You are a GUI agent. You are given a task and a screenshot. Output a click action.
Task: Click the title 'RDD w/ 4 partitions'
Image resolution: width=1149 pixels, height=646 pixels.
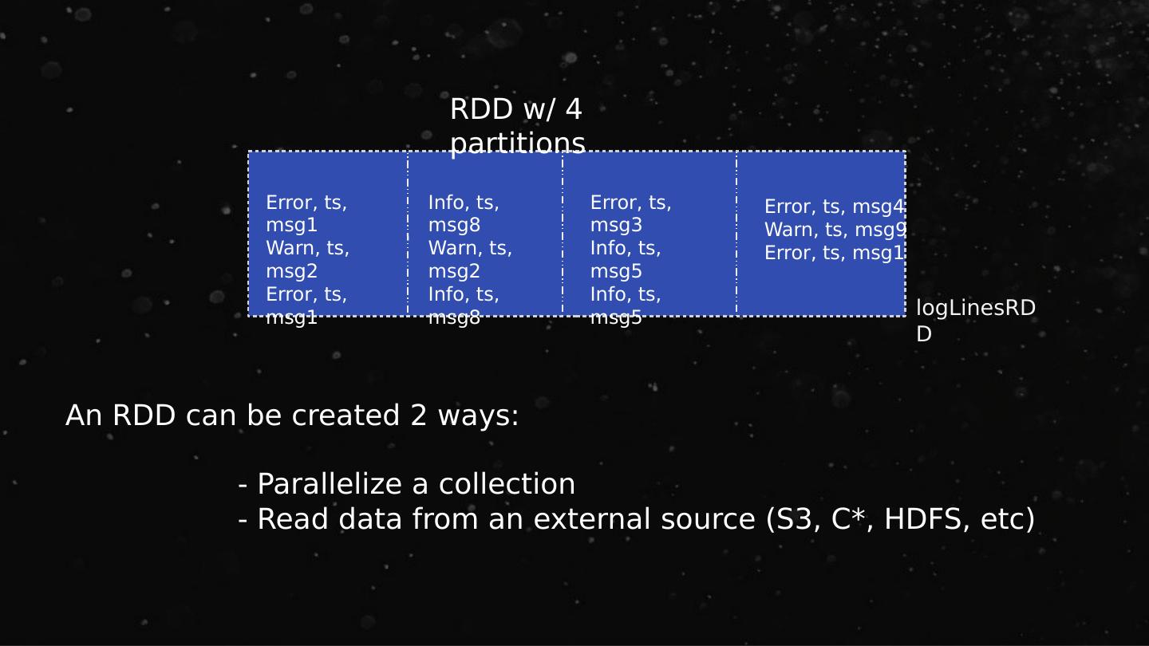click(517, 126)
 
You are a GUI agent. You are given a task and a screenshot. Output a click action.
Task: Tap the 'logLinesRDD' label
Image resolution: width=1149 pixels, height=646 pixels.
click(975, 321)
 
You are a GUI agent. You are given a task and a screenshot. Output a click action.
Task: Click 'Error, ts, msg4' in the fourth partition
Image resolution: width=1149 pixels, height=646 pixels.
click(834, 207)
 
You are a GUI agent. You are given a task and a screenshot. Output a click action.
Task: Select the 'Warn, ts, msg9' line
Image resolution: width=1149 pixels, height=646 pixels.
click(835, 230)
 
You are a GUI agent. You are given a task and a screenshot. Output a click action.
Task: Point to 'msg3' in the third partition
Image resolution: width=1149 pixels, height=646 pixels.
click(616, 226)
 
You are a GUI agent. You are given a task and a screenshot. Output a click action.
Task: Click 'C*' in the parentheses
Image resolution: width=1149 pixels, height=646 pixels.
click(845, 519)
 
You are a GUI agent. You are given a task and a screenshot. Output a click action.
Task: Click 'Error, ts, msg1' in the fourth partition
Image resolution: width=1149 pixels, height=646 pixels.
click(834, 254)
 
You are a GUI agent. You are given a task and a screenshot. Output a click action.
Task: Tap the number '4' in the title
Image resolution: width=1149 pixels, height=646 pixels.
click(573, 109)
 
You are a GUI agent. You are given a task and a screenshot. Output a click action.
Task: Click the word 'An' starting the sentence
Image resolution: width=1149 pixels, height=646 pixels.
click(84, 416)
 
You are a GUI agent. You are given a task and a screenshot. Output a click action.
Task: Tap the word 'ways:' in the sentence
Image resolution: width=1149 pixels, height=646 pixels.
click(479, 416)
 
